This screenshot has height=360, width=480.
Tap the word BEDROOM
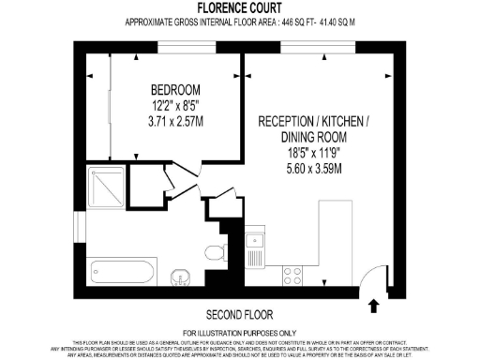pos(177,90)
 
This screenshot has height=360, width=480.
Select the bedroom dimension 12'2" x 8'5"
pos(177,106)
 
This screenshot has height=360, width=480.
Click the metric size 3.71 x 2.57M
pos(177,122)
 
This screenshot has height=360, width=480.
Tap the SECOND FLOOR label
pos(239,313)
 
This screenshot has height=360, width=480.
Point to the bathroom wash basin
pos(182,277)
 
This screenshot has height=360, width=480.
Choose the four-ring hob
pos(293,275)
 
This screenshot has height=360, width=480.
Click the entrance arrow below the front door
pos(374,305)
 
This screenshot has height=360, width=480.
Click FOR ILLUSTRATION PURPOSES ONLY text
pos(239,333)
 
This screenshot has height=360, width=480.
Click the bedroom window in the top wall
pos(178,47)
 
